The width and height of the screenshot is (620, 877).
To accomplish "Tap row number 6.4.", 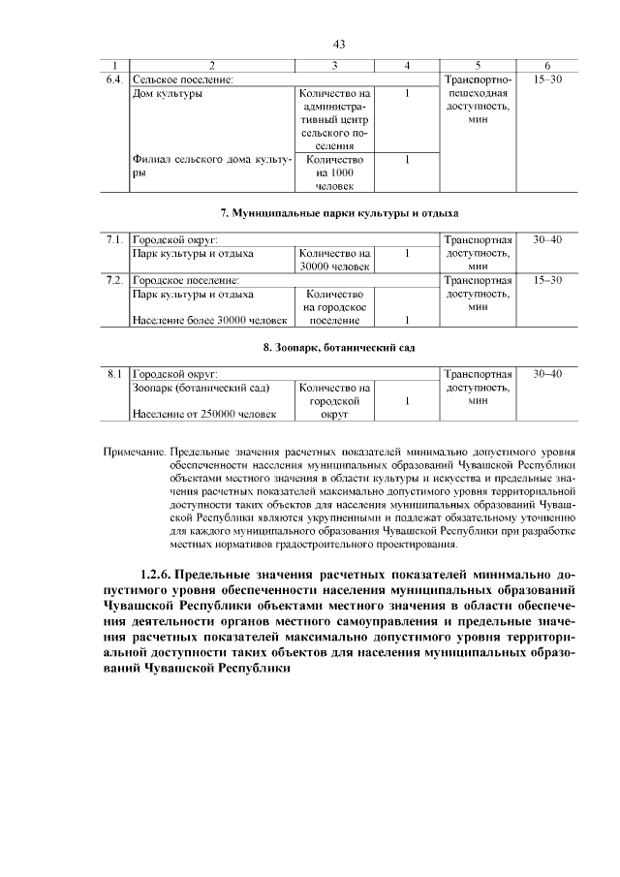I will tap(114, 78).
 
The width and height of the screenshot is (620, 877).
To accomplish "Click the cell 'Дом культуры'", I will tap(167, 93).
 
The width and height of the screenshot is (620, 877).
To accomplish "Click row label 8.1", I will tap(114, 373).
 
